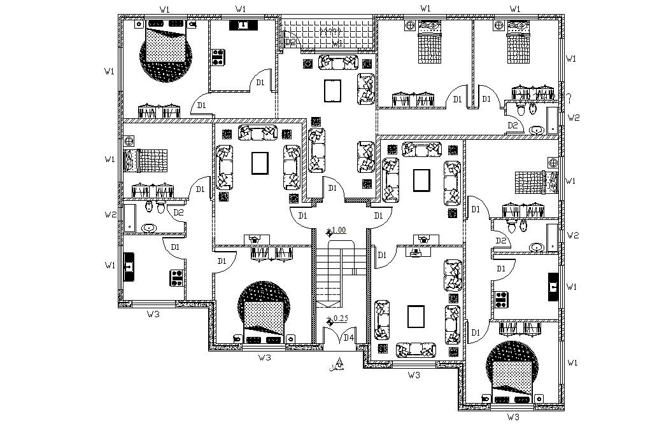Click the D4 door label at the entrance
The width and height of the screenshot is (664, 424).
pyautogui.click(x=348, y=337)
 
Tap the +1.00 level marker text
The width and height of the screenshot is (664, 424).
pyautogui.click(x=337, y=229)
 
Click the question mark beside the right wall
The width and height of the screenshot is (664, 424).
pyautogui.click(x=570, y=99)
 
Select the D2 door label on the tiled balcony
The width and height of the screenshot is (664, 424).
pyautogui.click(x=290, y=42)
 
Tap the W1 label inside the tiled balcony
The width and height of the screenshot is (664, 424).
pyautogui.click(x=337, y=43)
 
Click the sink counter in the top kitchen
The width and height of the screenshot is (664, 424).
pyautogui.click(x=243, y=25)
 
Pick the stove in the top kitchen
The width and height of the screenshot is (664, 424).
pyautogui.click(x=218, y=57)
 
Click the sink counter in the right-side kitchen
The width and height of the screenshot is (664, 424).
pyautogui.click(x=553, y=286)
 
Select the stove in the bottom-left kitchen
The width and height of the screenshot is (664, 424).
pyautogui.click(x=176, y=277)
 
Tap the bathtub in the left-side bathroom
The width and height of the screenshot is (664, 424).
pyautogui.click(x=129, y=217)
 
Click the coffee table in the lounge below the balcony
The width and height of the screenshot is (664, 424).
pyautogui.click(x=333, y=91)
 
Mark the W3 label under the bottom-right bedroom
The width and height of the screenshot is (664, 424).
pyautogui.click(x=513, y=417)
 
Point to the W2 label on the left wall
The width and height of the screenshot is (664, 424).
pyautogui.click(x=110, y=215)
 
